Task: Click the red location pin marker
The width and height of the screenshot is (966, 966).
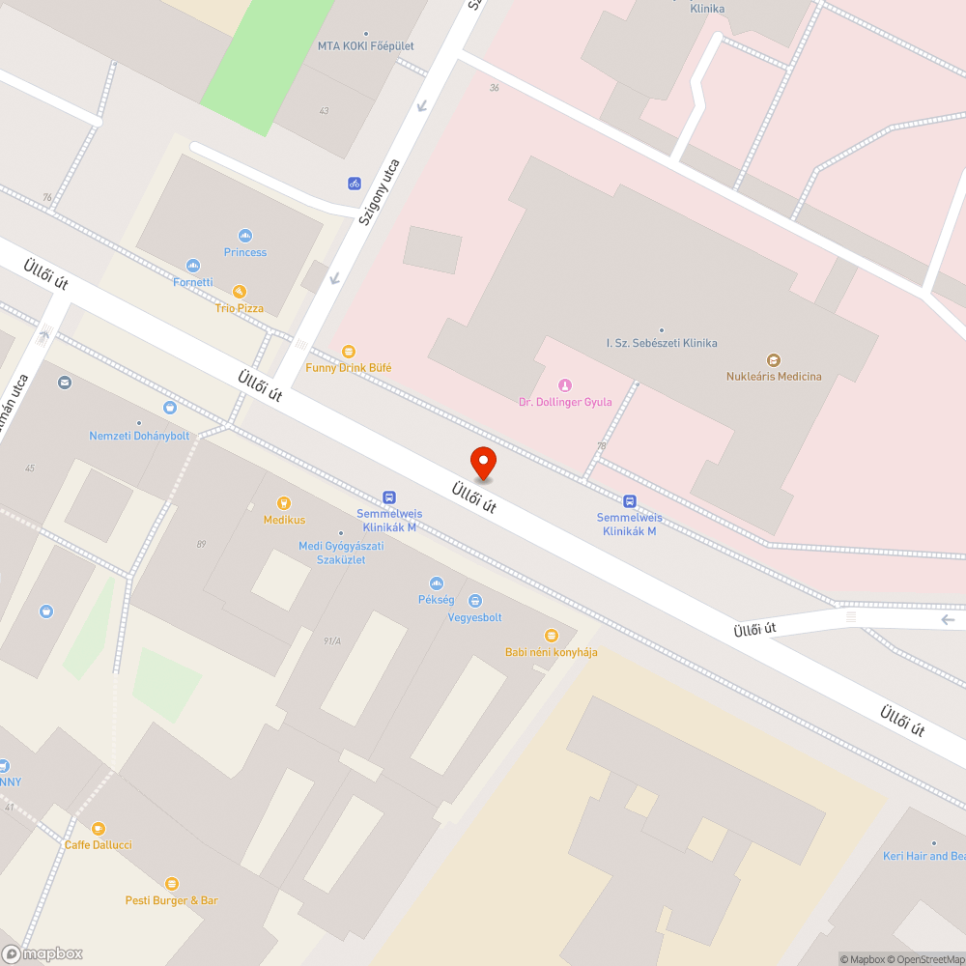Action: click(x=482, y=463)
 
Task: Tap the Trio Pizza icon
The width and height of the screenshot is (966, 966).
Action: click(x=239, y=291)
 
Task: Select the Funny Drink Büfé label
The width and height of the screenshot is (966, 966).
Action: click(x=349, y=368)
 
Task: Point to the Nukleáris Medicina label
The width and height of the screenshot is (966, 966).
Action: click(x=774, y=376)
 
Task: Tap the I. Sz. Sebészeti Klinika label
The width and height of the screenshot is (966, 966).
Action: click(x=662, y=343)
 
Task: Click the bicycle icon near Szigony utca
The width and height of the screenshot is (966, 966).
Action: click(x=355, y=183)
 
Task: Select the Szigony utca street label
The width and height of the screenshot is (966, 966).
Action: click(x=379, y=192)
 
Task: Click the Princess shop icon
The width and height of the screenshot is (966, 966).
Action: click(x=245, y=236)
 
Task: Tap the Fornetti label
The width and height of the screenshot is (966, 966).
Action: click(x=193, y=282)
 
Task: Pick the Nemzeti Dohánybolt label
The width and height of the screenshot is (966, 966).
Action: click(x=140, y=436)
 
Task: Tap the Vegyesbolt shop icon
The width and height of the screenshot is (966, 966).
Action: click(x=474, y=602)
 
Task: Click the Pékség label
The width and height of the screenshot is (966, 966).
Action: click(x=437, y=599)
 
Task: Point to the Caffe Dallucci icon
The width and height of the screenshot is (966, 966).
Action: click(x=99, y=829)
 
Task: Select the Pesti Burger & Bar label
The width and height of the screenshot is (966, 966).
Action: click(x=172, y=900)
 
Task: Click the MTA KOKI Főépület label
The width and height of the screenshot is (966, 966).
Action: click(x=366, y=45)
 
